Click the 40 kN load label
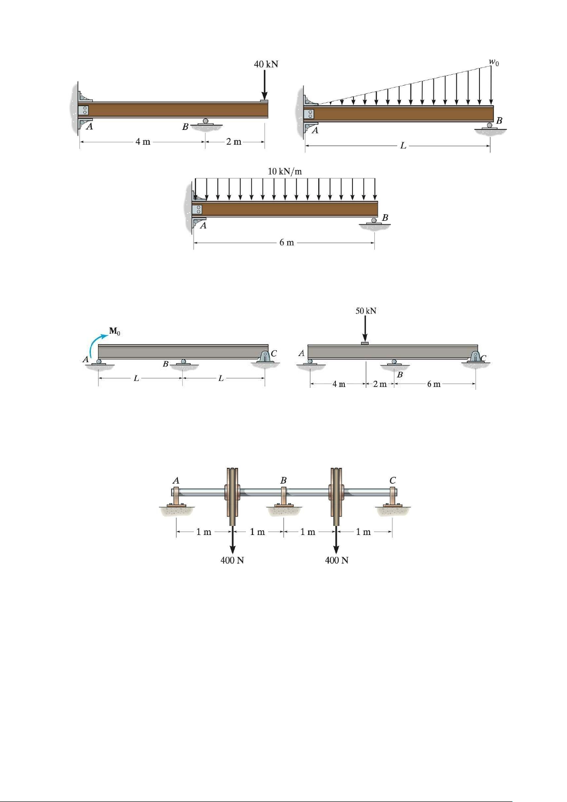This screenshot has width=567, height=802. click(266, 64)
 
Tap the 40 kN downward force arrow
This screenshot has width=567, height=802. click(264, 85)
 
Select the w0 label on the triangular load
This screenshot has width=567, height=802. click(494, 62)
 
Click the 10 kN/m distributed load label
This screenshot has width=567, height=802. click(285, 171)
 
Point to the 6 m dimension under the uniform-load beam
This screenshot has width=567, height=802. click(286, 242)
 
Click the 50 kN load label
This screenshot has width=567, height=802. click(366, 310)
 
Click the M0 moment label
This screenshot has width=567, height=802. click(115, 332)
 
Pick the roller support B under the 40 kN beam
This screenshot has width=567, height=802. click(205, 123)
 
